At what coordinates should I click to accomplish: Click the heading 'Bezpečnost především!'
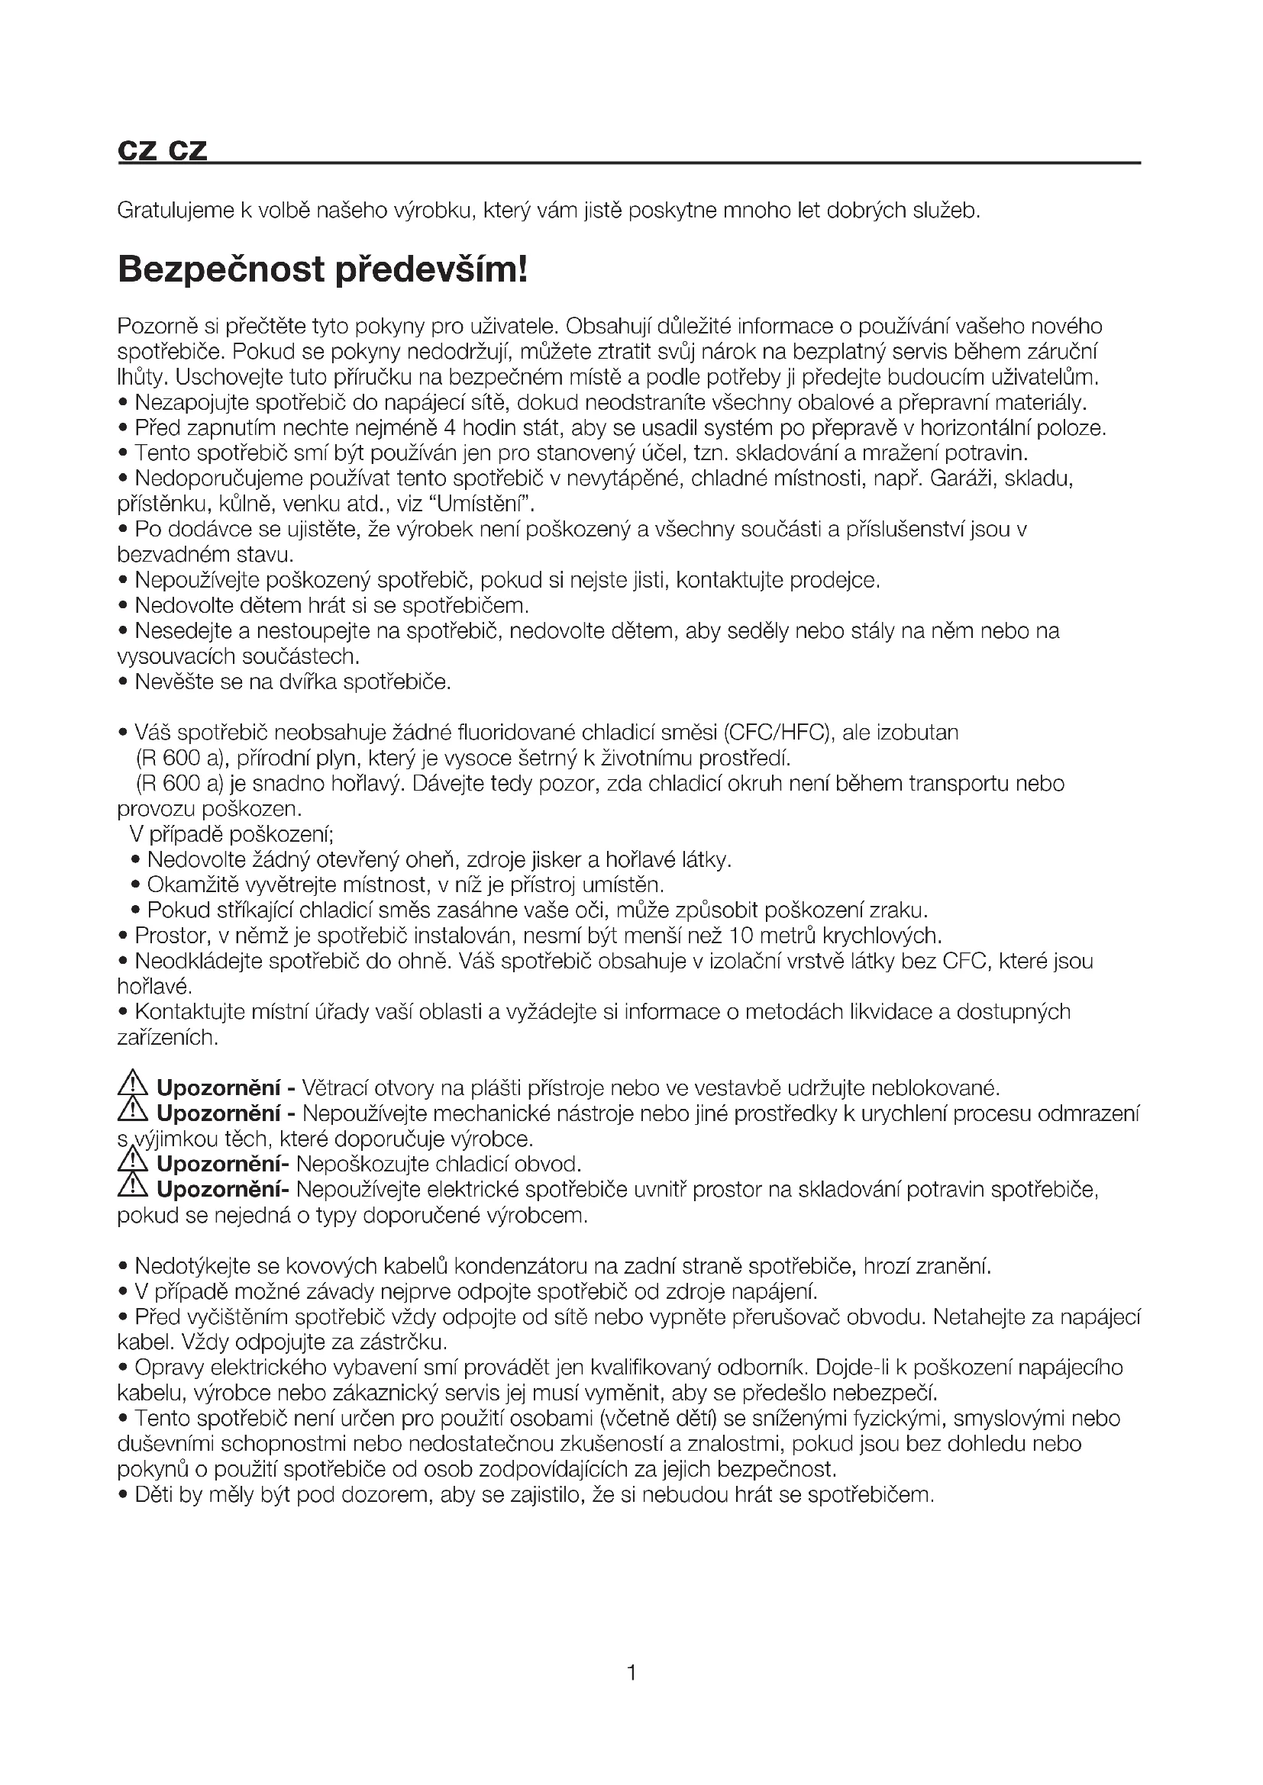pos(322,269)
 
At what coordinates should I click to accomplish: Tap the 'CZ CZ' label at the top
pos(163,151)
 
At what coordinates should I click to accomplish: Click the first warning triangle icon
pos(133,1085)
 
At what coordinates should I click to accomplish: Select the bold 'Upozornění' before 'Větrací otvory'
pos(218,1087)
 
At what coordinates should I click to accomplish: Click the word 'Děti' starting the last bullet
pos(154,1494)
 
